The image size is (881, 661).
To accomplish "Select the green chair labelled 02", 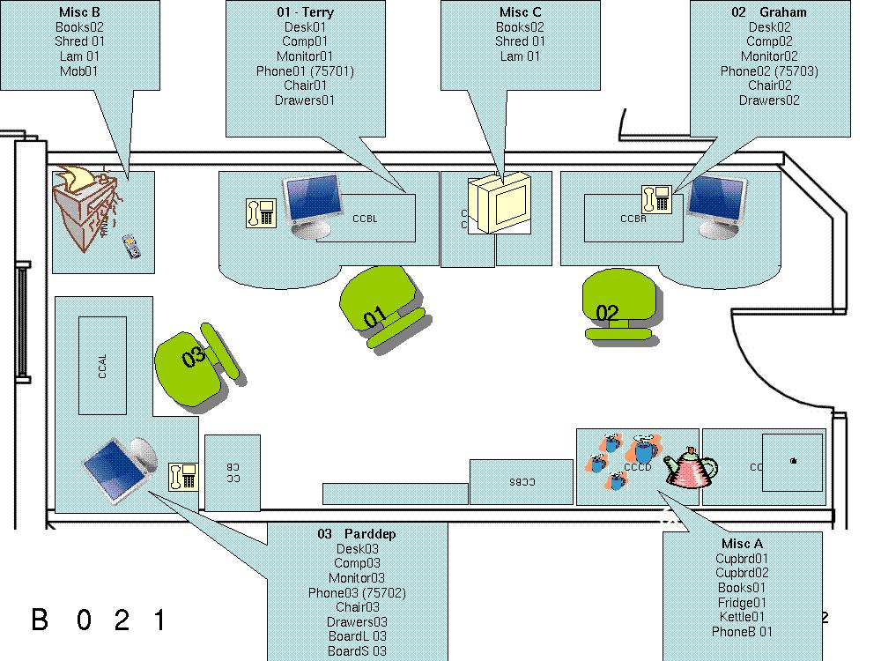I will (618, 304).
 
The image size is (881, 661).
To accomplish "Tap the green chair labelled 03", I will (194, 364).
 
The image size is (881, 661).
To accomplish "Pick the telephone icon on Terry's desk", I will (261, 212).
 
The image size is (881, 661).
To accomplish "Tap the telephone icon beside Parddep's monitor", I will (182, 476).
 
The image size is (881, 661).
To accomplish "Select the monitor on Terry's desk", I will (311, 203).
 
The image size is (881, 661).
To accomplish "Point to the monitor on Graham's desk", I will (715, 204).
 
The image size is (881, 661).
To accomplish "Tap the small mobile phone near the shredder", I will (130, 246).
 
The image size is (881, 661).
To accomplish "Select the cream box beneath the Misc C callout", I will (500, 204).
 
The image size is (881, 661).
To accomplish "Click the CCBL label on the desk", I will (365, 219).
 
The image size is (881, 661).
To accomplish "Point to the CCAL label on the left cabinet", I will (103, 366).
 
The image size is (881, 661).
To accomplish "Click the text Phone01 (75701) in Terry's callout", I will (305, 71).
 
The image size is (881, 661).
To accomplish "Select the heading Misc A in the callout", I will (742, 544).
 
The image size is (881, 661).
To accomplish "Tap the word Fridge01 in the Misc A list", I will (742, 602).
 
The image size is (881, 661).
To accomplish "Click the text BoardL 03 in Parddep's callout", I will (357, 636).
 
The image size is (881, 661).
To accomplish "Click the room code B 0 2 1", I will (99, 620).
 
